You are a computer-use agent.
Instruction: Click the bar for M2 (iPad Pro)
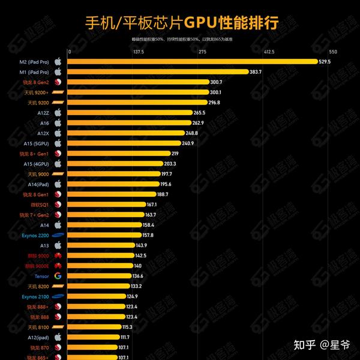[192, 61]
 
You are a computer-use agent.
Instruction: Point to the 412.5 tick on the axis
[269, 52]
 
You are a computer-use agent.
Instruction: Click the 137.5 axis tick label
[138, 52]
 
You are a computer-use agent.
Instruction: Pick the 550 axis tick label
[333, 52]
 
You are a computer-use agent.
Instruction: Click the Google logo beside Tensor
[58, 276]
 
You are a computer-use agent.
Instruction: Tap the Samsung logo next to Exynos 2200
[58, 235]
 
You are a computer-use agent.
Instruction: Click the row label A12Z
[43, 112]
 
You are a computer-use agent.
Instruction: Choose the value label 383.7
[256, 71]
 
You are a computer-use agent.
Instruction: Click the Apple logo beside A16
[58, 122]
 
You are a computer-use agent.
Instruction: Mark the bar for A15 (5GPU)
[124, 143]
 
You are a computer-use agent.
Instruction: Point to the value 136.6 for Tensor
[137, 276]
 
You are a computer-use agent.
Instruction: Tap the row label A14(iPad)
[38, 184]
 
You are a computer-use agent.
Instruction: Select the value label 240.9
[188, 143]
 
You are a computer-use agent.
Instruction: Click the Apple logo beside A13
[58, 245]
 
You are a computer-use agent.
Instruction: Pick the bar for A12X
[126, 133]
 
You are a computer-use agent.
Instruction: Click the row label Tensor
[42, 276]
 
